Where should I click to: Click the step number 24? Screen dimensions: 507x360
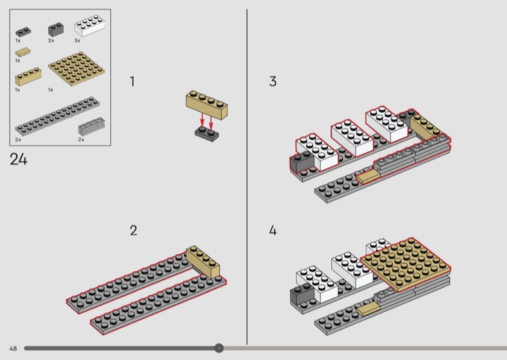18,159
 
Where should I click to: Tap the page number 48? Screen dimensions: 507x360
13,349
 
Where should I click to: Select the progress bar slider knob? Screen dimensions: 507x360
219,348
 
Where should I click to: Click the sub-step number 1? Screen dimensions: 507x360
132,81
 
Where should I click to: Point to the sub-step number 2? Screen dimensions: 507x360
134,230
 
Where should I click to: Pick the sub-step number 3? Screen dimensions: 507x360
273,81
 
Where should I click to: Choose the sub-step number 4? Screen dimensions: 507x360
273,230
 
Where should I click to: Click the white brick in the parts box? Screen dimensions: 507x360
89,25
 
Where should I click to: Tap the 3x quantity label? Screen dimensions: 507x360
77,41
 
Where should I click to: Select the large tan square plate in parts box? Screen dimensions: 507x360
77,68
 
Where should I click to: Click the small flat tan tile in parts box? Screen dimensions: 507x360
23,52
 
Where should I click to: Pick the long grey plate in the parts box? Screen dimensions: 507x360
57,116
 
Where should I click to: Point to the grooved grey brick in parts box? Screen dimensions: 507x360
91,127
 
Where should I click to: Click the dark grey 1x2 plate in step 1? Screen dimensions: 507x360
207,134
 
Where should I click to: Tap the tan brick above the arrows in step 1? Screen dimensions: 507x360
207,105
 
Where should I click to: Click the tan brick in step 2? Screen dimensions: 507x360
203,261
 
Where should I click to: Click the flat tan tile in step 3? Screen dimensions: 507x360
368,177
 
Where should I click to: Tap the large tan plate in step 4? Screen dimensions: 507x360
406,264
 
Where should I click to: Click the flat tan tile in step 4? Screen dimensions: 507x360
368,309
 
